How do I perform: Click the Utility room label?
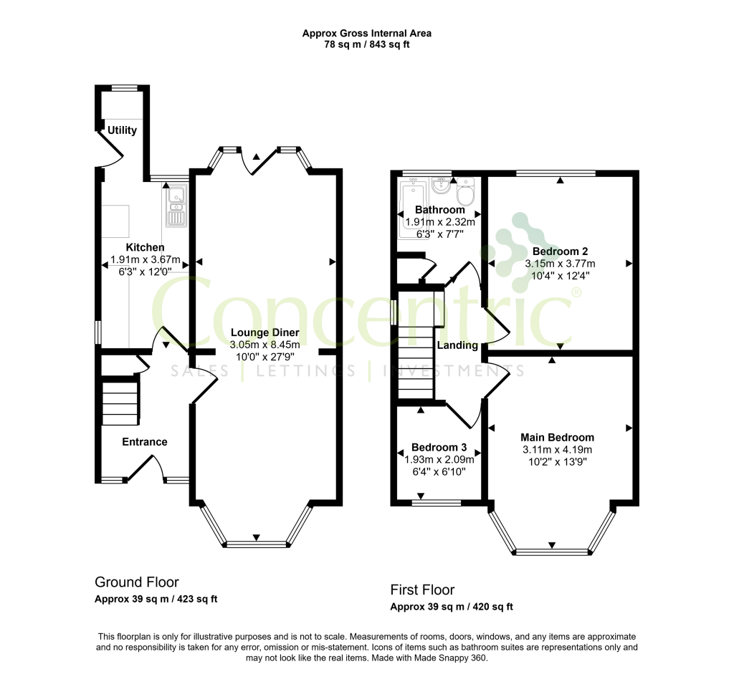(122, 130)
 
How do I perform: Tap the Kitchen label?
(145, 247)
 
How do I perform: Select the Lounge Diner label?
(265, 332)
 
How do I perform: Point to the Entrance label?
(145, 442)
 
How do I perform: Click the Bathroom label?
(440, 210)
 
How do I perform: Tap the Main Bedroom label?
(558, 438)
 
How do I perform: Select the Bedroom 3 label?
(439, 447)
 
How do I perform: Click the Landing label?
(457, 345)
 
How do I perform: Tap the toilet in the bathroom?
(466, 192)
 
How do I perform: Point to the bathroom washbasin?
(440, 186)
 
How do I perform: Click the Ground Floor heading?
(137, 582)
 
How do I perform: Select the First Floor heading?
(422, 590)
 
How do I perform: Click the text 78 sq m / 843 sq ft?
(367, 45)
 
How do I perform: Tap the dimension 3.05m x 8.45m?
(265, 345)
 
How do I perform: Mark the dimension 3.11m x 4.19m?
(558, 450)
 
